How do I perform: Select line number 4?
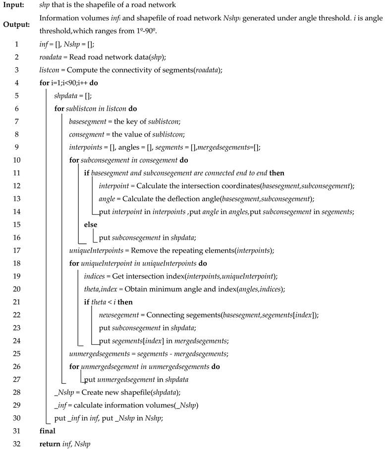[16, 83]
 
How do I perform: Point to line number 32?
[16, 444]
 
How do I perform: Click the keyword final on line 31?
[47, 431]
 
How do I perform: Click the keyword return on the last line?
[51, 444]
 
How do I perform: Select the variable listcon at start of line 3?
[49, 70]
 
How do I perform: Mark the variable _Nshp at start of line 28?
[63, 392]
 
